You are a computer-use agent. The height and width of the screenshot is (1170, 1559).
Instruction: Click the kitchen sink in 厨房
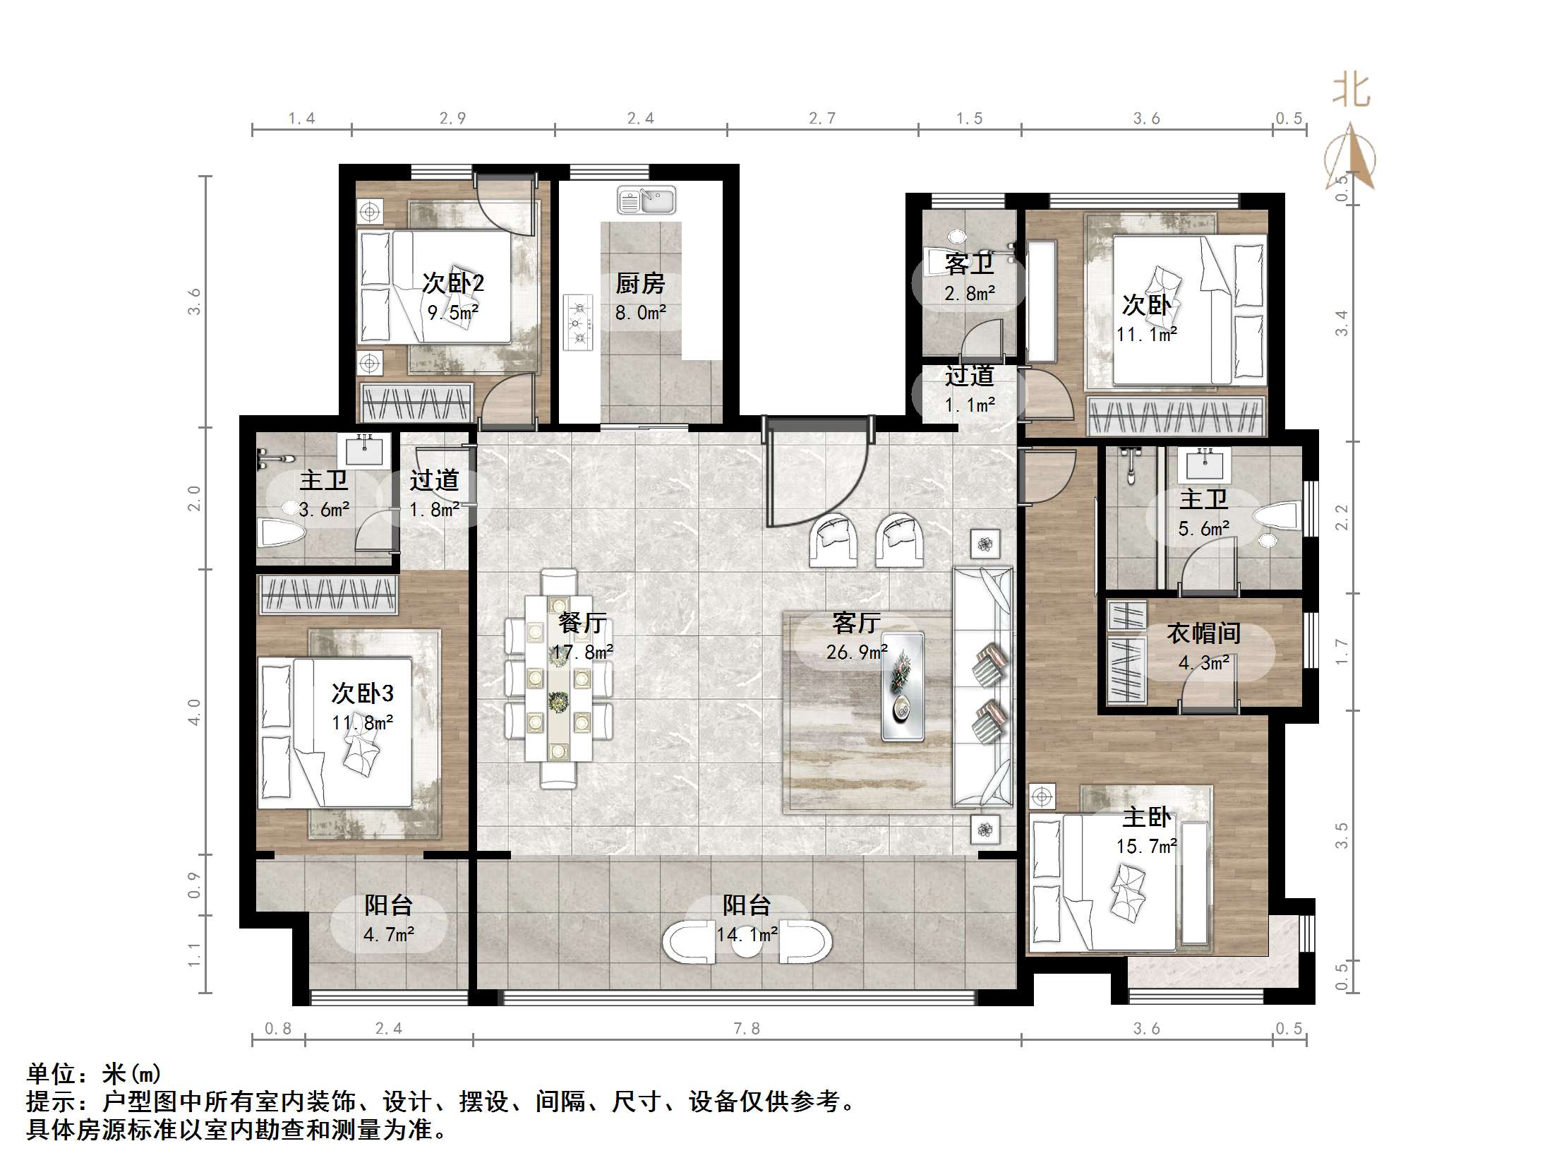pyautogui.click(x=646, y=201)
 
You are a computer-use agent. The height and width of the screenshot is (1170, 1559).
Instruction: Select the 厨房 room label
pyautogui.click(x=640, y=284)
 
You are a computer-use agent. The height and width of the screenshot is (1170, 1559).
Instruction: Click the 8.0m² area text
pyautogui.click(x=640, y=313)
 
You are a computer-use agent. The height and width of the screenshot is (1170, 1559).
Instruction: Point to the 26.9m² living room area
pyautogui.click(x=856, y=652)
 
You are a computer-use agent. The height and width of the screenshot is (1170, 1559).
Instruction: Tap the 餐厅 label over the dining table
pyautogui.click(x=582, y=623)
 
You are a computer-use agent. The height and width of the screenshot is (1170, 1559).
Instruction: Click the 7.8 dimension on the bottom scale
pyautogui.click(x=747, y=1029)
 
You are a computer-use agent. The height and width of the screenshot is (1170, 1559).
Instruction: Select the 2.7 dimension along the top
pyautogui.click(x=822, y=119)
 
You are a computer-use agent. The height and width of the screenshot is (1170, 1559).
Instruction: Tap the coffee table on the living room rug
pyautogui.click(x=903, y=686)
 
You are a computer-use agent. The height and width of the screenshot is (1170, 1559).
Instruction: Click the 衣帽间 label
pyautogui.click(x=1203, y=633)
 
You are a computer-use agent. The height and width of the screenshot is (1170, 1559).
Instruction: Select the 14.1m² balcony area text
pyautogui.click(x=747, y=935)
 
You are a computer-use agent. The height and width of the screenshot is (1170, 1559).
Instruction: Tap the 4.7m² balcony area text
pyautogui.click(x=388, y=935)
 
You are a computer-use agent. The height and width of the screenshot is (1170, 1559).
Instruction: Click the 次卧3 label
pyautogui.click(x=362, y=693)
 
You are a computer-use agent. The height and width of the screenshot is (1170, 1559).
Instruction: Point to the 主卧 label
pyautogui.click(x=1147, y=818)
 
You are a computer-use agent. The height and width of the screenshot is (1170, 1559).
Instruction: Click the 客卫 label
pyautogui.click(x=969, y=264)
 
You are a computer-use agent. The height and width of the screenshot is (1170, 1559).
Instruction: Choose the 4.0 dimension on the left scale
pyautogui.click(x=195, y=712)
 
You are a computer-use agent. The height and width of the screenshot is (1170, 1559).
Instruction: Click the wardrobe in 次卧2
pyautogui.click(x=416, y=403)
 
